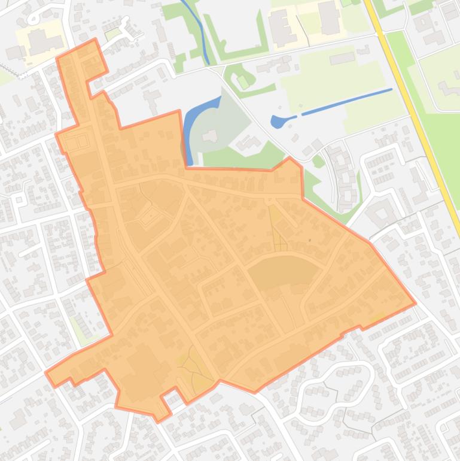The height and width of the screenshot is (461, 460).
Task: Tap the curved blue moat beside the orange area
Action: pyautogui.click(x=190, y=123)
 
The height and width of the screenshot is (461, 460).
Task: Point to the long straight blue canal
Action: pyautogui.click(x=347, y=101)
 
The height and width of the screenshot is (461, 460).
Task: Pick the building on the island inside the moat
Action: pyautogui.click(x=210, y=120)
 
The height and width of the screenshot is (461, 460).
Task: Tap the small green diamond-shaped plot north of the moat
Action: pyautogui.click(x=242, y=81)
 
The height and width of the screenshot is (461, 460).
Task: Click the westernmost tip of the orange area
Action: pyautogui.click(x=47, y=374)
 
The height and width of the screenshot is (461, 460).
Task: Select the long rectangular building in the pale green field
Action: pyautogui.click(x=342, y=58)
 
